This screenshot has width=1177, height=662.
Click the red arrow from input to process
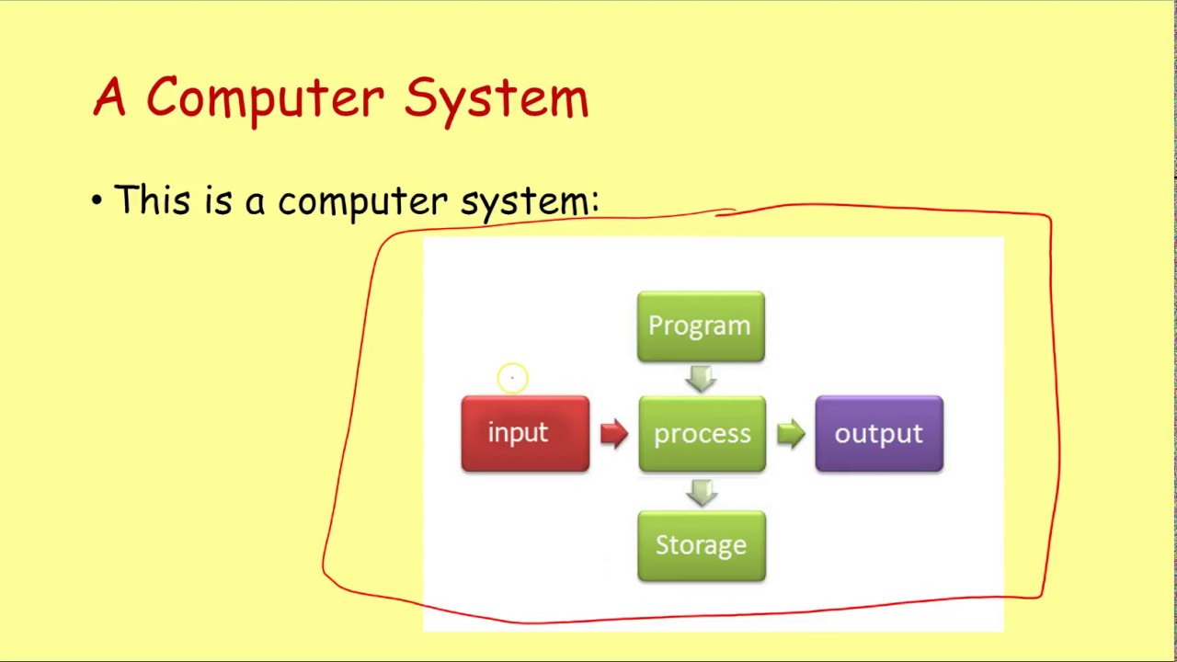tap(614, 433)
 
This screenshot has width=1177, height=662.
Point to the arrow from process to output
tap(791, 433)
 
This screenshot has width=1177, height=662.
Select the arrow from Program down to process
tap(701, 378)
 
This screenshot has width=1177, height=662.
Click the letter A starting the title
tap(109, 97)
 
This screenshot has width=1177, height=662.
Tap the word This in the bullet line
tap(154, 200)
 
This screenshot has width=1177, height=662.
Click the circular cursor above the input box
tap(512, 378)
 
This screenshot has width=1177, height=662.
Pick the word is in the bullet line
tap(219, 200)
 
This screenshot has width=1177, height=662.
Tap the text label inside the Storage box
tap(701, 546)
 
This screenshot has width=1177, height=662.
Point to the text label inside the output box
tap(878, 434)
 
